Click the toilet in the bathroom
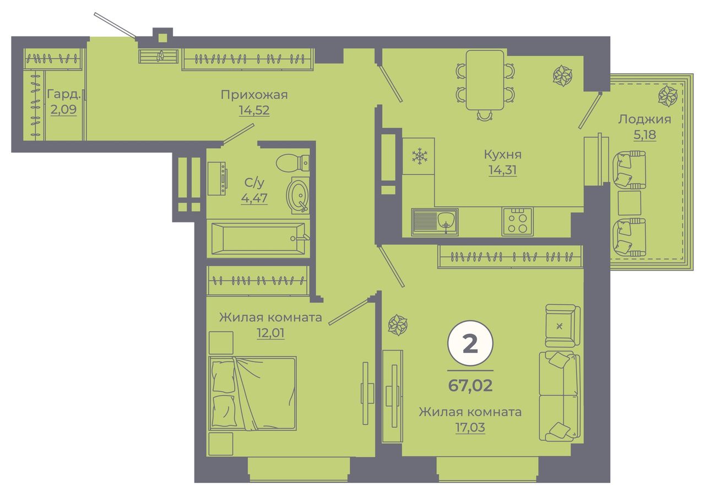tap(292, 163)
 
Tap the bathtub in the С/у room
tap(258, 238)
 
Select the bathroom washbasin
tap(298, 195)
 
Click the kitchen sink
tap(435, 222)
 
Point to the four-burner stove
tap(517, 222)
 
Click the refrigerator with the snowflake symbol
tap(419, 156)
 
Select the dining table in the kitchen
tap(485, 80)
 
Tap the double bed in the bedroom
tap(252, 393)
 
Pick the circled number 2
tap(470, 344)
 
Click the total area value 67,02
tap(470, 385)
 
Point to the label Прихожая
tap(254, 95)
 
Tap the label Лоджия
tap(644, 120)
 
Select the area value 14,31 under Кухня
tap(503, 170)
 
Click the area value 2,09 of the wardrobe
tap(63, 110)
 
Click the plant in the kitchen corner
tap(562, 76)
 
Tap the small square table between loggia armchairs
tap(629, 203)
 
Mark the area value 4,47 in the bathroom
tap(254, 198)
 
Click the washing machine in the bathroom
tap(217, 179)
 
